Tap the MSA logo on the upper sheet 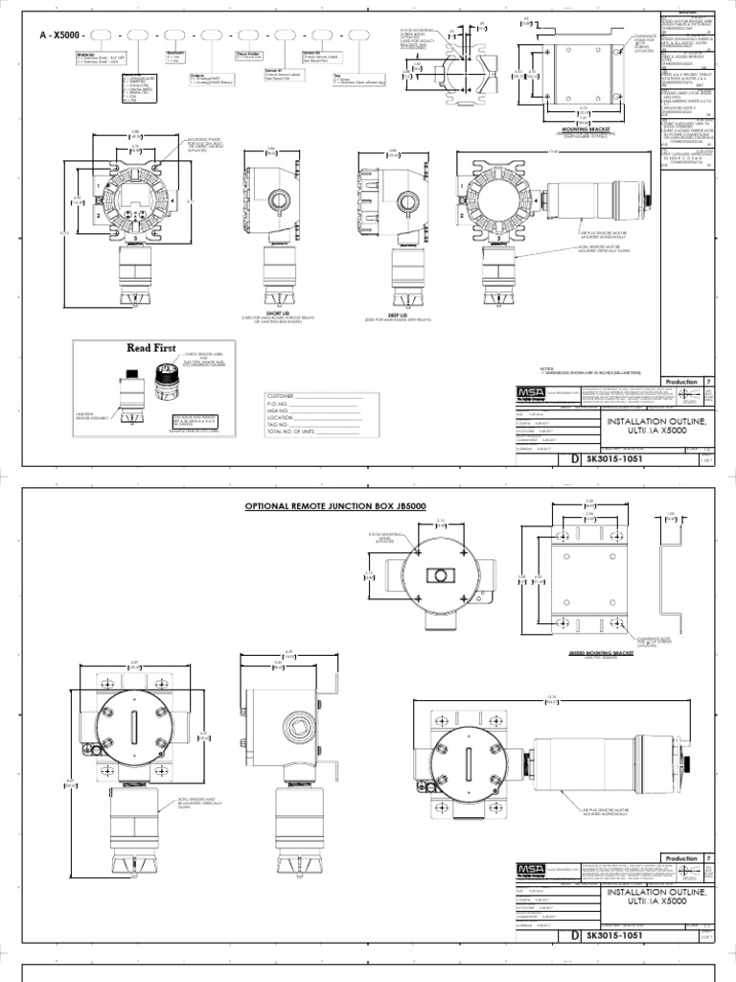pos(523,393)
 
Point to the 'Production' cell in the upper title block pos(681,381)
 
